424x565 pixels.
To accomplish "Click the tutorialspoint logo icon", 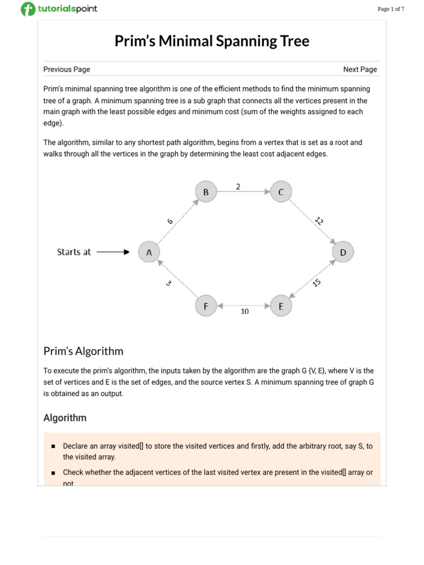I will click(27, 9).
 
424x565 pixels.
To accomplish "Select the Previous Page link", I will click(67, 70).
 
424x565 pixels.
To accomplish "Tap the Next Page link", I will click(360, 70).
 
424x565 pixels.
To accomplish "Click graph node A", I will click(149, 252).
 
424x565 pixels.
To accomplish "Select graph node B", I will click(206, 192).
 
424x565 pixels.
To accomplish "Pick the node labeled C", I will click(281, 192).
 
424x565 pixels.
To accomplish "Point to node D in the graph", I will click(343, 252).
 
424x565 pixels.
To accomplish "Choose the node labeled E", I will click(281, 306).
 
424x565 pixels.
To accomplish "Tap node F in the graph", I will click(206, 306).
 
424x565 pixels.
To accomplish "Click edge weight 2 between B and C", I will click(238, 186).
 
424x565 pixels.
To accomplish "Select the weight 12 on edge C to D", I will click(319, 221).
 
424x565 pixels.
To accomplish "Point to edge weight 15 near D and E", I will click(316, 282).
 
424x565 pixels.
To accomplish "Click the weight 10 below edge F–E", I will click(245, 312).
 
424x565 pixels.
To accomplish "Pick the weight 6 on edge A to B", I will click(170, 221).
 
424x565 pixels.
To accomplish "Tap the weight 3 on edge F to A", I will click(168, 283).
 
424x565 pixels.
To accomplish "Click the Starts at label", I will click(74, 252).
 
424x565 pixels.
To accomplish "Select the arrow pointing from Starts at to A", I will click(113, 252).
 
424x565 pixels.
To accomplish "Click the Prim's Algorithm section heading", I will click(83, 351).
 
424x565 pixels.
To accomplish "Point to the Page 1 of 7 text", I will click(391, 9).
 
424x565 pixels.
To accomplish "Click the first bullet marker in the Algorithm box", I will click(53, 446).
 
